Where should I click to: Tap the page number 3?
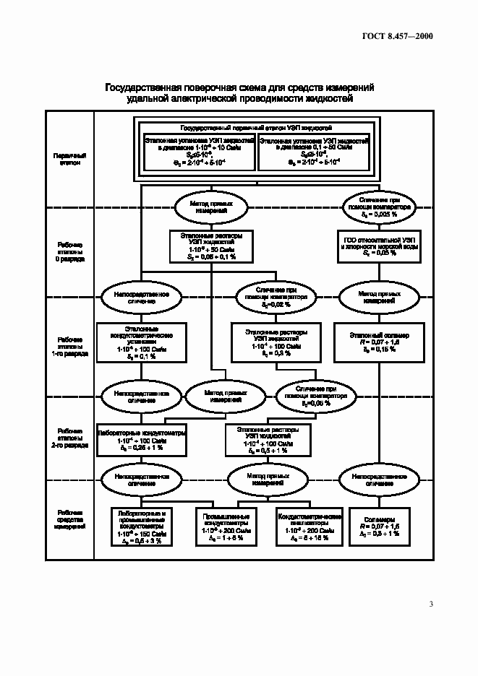431,604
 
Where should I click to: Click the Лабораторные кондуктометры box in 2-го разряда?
142,439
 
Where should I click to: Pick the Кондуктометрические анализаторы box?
310,525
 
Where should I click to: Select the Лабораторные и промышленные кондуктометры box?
142,526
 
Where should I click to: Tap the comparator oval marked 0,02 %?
275,296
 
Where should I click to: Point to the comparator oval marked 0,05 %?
317,396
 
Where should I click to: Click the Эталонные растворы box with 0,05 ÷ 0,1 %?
211,246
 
